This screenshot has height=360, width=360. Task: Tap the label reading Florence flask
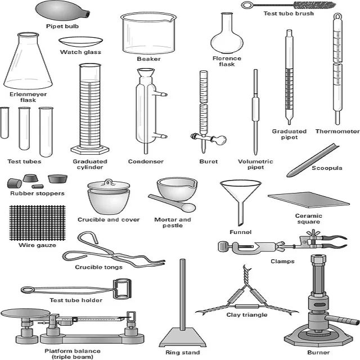click(227, 61)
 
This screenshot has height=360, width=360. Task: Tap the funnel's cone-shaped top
click(240, 188)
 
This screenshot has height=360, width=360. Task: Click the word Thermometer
click(337, 131)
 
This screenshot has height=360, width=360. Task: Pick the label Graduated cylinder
click(89, 164)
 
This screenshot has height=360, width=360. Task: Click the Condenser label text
click(146, 161)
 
